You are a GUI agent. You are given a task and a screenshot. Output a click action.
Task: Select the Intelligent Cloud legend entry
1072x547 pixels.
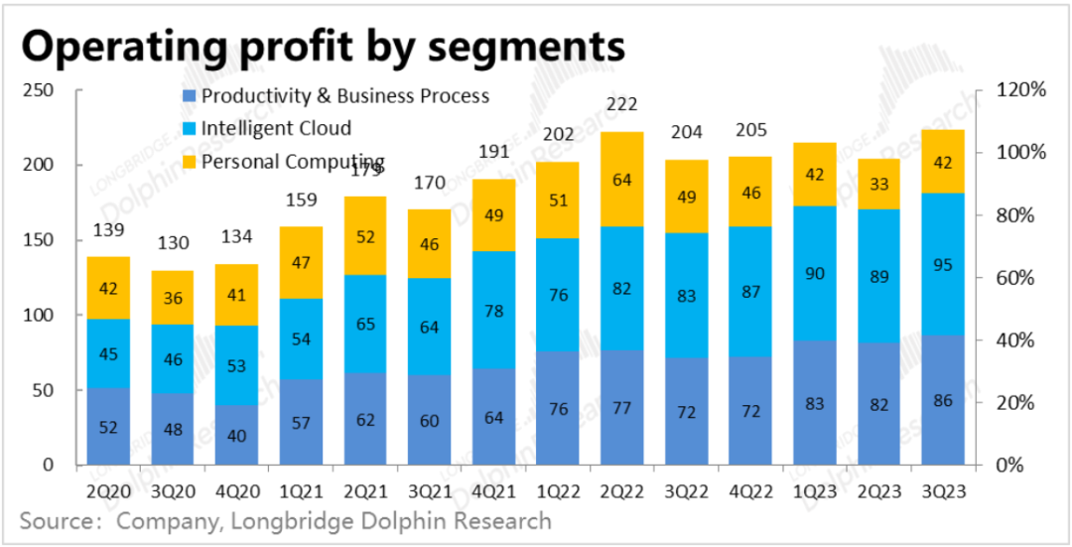[276, 129]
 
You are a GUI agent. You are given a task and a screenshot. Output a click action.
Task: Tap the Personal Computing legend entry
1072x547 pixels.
[292, 162]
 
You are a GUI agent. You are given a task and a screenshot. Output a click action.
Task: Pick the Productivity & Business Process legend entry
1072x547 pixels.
[344, 96]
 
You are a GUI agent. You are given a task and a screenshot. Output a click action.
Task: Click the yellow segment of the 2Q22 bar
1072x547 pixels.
[622, 180]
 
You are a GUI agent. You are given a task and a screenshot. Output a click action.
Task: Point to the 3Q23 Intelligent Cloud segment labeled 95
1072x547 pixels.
[944, 264]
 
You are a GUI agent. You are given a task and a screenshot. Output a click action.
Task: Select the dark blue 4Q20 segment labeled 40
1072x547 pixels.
[237, 435]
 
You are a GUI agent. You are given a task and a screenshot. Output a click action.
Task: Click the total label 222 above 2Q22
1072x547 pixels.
[622, 104]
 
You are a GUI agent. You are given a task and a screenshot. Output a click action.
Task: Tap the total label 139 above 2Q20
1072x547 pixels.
[108, 230]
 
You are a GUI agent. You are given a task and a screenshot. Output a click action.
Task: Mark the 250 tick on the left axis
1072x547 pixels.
[47, 90]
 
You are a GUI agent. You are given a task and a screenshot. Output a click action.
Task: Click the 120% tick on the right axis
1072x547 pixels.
[1021, 90]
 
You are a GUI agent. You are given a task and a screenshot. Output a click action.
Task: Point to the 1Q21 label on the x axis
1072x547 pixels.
[302, 489]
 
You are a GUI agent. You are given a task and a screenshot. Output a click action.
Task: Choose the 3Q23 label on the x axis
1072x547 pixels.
[944, 489]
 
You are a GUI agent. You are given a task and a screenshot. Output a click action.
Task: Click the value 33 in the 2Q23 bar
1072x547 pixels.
[879, 184]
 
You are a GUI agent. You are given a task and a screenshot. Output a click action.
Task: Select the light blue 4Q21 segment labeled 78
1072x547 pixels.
[494, 311]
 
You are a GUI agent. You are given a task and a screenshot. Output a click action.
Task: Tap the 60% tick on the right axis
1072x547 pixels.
[1017, 278]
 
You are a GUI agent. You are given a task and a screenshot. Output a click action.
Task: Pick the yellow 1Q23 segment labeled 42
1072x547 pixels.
[815, 175]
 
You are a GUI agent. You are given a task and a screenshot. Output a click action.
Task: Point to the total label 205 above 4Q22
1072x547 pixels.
[751, 131]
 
